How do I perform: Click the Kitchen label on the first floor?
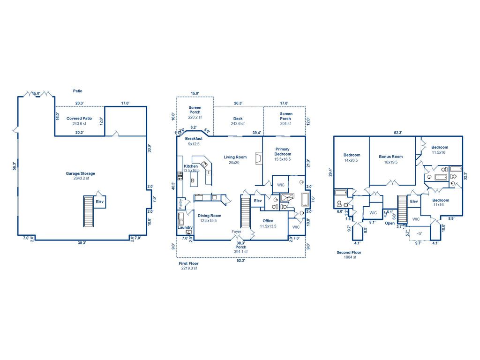click(191, 166)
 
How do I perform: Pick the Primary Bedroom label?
click(282, 151)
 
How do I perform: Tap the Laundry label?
click(185, 227)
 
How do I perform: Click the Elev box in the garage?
click(99, 202)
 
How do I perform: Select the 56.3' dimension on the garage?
click(15, 166)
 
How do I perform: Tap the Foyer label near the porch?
click(237, 232)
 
